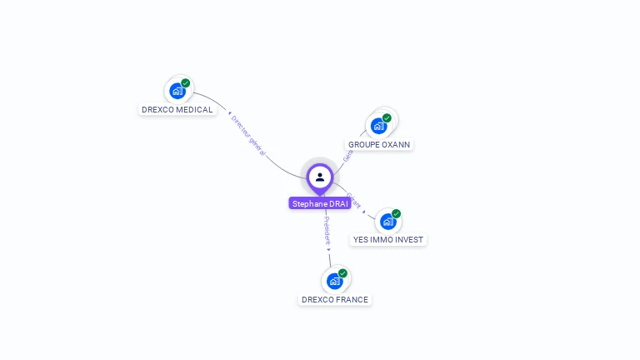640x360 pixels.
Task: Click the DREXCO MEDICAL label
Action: click(177, 109)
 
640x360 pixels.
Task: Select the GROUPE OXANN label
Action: click(379, 144)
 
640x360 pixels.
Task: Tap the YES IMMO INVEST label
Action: click(388, 239)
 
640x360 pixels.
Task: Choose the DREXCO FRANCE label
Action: click(335, 299)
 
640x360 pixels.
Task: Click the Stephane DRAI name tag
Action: click(320, 203)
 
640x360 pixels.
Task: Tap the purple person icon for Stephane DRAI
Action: click(320, 177)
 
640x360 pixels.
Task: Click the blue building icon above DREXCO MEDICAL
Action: click(177, 91)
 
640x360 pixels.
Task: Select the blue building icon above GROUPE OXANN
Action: click(379, 126)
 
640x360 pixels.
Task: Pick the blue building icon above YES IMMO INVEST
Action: click(387, 222)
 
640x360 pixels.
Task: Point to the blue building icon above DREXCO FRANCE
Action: click(334, 281)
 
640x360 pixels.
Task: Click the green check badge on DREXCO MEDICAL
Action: click(186, 82)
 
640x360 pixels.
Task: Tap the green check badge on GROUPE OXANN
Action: click(387, 117)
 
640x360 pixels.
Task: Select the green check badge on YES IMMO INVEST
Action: click(397, 213)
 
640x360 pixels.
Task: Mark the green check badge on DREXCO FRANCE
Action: click(342, 272)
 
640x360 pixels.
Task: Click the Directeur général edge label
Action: click(247, 135)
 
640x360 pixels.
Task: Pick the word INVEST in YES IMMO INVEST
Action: click(409, 239)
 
